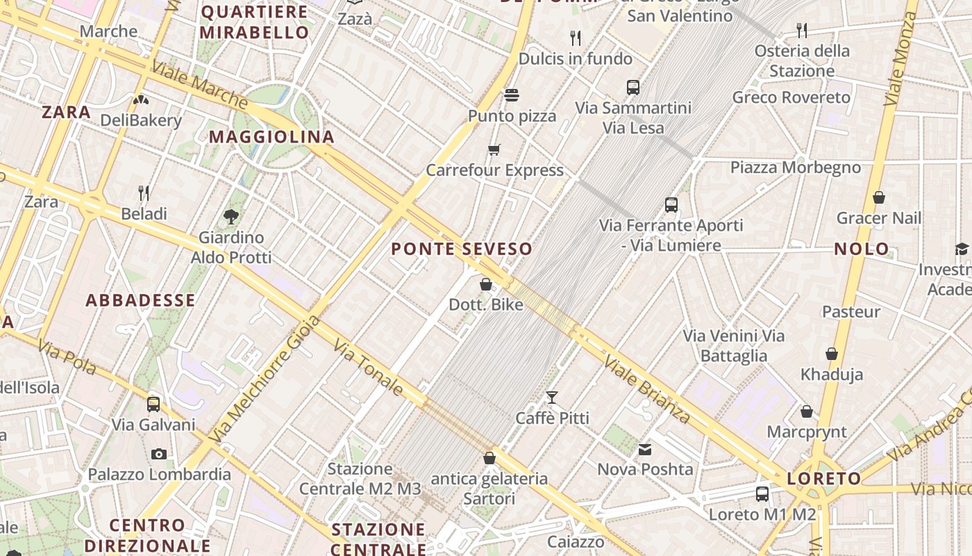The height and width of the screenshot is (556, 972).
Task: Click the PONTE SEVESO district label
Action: coord(462,249)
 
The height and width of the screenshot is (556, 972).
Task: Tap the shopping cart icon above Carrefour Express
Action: coord(494,149)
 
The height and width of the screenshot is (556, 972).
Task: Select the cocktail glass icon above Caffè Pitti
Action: coord(552,398)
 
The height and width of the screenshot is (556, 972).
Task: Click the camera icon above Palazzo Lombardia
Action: coord(159,454)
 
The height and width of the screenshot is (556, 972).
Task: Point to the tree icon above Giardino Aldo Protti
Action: coord(231,217)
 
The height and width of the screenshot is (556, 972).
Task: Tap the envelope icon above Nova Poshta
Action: coord(646,449)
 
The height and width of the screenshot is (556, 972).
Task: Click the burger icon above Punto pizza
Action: coord(512,95)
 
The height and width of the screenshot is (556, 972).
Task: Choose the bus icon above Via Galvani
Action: coord(153,404)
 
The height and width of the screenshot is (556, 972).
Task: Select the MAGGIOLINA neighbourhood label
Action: coord(272,137)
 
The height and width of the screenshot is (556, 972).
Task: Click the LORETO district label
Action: coord(824,478)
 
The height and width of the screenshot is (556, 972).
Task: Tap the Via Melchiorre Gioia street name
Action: coord(265,379)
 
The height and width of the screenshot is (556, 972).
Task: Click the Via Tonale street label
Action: coord(368,368)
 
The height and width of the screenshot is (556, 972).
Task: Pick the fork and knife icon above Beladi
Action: coord(144,193)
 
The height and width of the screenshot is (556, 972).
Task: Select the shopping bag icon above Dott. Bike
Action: coord(486,284)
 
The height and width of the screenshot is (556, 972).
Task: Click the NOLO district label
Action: coord(862,249)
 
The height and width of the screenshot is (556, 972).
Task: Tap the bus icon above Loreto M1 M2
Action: coord(762,494)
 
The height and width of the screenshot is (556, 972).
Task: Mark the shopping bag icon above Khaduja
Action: coord(832,354)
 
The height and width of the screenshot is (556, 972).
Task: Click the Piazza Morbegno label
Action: coord(795,167)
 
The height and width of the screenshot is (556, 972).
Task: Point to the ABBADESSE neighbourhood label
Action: coord(140,300)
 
